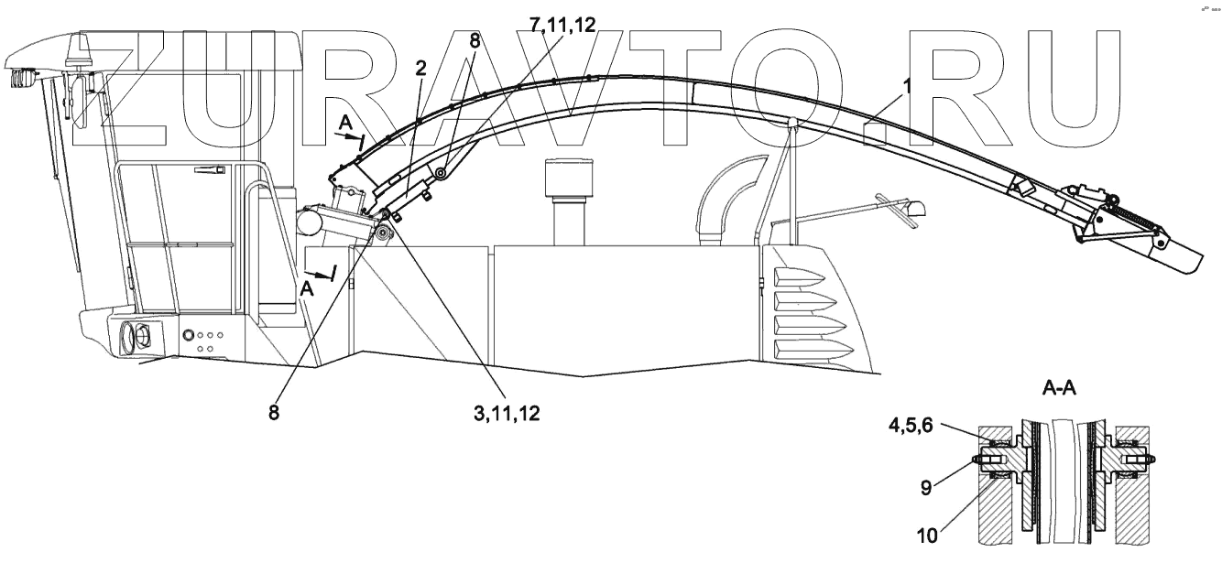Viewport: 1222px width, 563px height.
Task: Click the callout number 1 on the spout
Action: click(907, 86)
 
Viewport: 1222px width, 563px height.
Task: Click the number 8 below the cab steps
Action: click(273, 412)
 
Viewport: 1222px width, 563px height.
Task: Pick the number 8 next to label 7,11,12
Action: click(474, 41)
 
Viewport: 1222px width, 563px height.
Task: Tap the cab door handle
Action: click(210, 170)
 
